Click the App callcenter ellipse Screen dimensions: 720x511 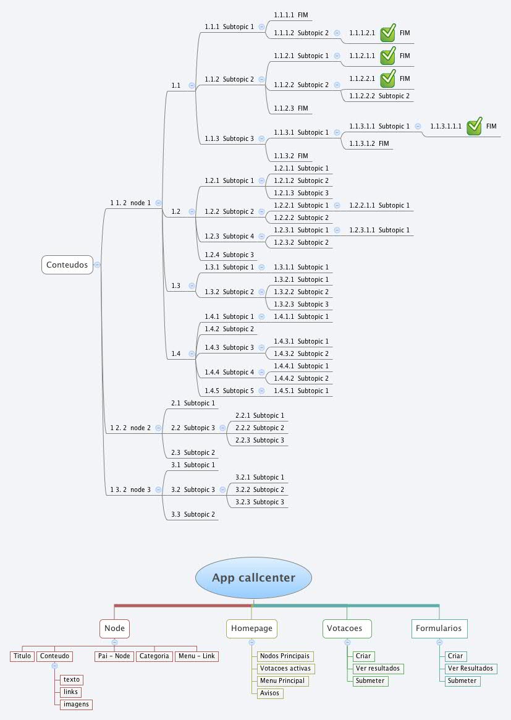click(253, 578)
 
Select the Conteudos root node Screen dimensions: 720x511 click(67, 265)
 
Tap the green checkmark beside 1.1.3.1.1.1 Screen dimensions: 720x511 click(474, 127)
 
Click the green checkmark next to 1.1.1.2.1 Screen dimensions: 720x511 click(387, 33)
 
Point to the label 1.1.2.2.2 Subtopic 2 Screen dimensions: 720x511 click(379, 96)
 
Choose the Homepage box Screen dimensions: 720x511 click(251, 629)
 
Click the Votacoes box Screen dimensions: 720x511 click(347, 629)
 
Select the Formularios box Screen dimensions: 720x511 click(439, 629)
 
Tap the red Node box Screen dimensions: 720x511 click(114, 629)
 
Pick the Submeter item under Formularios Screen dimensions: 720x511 click(462, 681)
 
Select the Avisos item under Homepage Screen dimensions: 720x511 click(270, 693)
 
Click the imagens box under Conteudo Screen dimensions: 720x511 click(76, 704)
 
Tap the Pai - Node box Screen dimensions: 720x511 click(114, 656)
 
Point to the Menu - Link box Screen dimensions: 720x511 click(196, 656)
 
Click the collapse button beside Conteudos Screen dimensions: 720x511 click(98, 265)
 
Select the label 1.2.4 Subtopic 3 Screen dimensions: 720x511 click(229, 255)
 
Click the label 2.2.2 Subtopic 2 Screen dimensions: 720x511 click(260, 428)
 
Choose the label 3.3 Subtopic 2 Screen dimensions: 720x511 click(193, 515)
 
